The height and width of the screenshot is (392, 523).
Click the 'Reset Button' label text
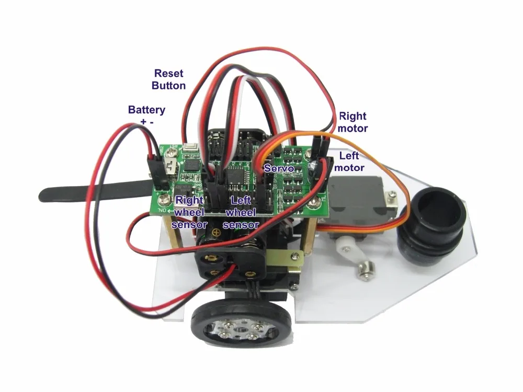click(x=168, y=79)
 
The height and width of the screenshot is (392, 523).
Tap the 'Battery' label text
click(x=146, y=110)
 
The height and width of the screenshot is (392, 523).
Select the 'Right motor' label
click(x=353, y=122)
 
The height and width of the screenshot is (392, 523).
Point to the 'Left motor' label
click(x=349, y=161)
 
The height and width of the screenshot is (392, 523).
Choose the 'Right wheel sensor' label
click(x=191, y=212)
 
